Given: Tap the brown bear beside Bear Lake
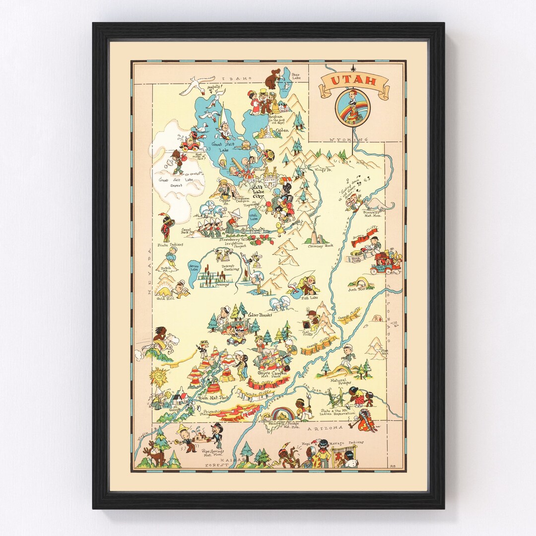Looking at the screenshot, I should (272, 79).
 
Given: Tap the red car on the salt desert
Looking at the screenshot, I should (189, 144).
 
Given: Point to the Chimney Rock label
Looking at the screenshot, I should (318, 246).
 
